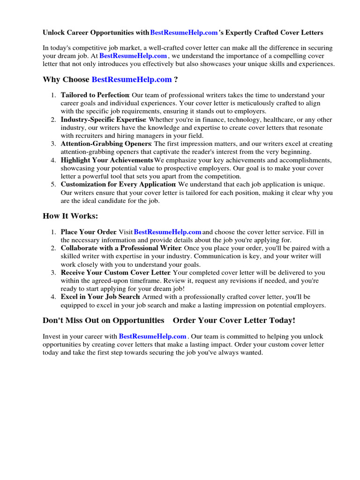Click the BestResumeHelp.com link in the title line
point(184,33)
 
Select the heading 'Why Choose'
point(66,79)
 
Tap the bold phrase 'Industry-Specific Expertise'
point(103,120)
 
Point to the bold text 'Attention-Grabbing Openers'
point(105,144)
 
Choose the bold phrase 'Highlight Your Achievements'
point(107,160)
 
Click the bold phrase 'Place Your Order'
point(88,232)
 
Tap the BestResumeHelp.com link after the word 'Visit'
point(168,232)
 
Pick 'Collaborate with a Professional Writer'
point(120,248)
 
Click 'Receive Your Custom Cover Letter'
point(115,272)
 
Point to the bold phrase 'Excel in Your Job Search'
point(100,297)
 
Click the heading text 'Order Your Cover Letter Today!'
point(234,320)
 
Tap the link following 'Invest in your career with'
point(153,337)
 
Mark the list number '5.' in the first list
point(53,185)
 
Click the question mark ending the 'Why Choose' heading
point(176,79)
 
